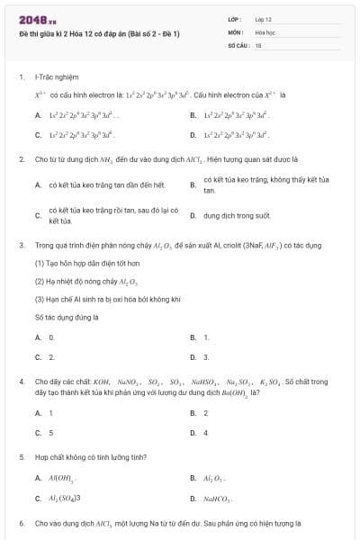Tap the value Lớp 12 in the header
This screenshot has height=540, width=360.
coord(264,19)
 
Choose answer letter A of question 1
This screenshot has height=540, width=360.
coord(39,115)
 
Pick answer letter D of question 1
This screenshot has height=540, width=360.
coord(193,134)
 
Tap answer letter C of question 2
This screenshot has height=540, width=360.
coord(39,216)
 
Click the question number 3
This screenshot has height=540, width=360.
coord(21,245)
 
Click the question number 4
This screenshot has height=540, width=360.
coord(21,382)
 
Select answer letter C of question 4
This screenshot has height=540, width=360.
coord(39,432)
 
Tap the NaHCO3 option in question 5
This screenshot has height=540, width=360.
coord(219,498)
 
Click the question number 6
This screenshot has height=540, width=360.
coord(21,523)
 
